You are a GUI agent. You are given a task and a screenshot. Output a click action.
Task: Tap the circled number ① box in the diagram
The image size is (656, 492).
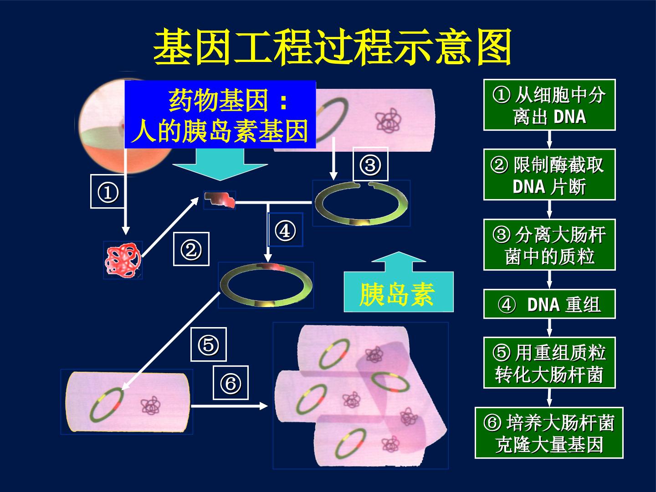[108, 191]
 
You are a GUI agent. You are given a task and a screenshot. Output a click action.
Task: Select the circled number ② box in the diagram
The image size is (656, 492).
[191, 249]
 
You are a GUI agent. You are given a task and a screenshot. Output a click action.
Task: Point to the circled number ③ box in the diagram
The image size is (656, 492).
[370, 164]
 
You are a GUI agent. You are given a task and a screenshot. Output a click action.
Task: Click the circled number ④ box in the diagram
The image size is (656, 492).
[286, 230]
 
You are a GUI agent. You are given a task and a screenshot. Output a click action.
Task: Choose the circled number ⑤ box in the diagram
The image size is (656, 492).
[209, 344]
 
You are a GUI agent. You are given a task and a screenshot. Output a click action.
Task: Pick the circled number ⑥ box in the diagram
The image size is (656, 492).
[231, 383]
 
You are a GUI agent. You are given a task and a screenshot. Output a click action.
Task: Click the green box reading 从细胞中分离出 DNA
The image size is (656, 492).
[549, 105]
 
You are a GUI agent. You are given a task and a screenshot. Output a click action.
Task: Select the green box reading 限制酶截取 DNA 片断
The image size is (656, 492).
[549, 174]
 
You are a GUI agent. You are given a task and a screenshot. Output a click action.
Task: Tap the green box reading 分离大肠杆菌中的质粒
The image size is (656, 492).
[549, 245]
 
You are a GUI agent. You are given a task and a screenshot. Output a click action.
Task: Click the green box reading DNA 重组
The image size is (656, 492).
[549, 304]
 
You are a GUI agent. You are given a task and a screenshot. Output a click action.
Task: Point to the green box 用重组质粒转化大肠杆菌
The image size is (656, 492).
[549, 363]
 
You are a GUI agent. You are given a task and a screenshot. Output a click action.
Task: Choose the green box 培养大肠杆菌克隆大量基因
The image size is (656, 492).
[549, 433]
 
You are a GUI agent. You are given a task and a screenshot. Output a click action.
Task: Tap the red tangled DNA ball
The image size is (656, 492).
[123, 260]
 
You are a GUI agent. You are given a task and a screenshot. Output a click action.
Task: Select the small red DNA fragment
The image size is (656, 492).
[220, 200]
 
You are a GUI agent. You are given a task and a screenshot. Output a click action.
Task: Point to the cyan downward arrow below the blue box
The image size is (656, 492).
[220, 164]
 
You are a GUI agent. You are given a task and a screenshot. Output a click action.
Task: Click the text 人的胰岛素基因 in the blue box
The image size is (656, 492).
[220, 131]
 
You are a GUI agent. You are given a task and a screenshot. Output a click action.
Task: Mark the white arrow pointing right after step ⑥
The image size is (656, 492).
[229, 405]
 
